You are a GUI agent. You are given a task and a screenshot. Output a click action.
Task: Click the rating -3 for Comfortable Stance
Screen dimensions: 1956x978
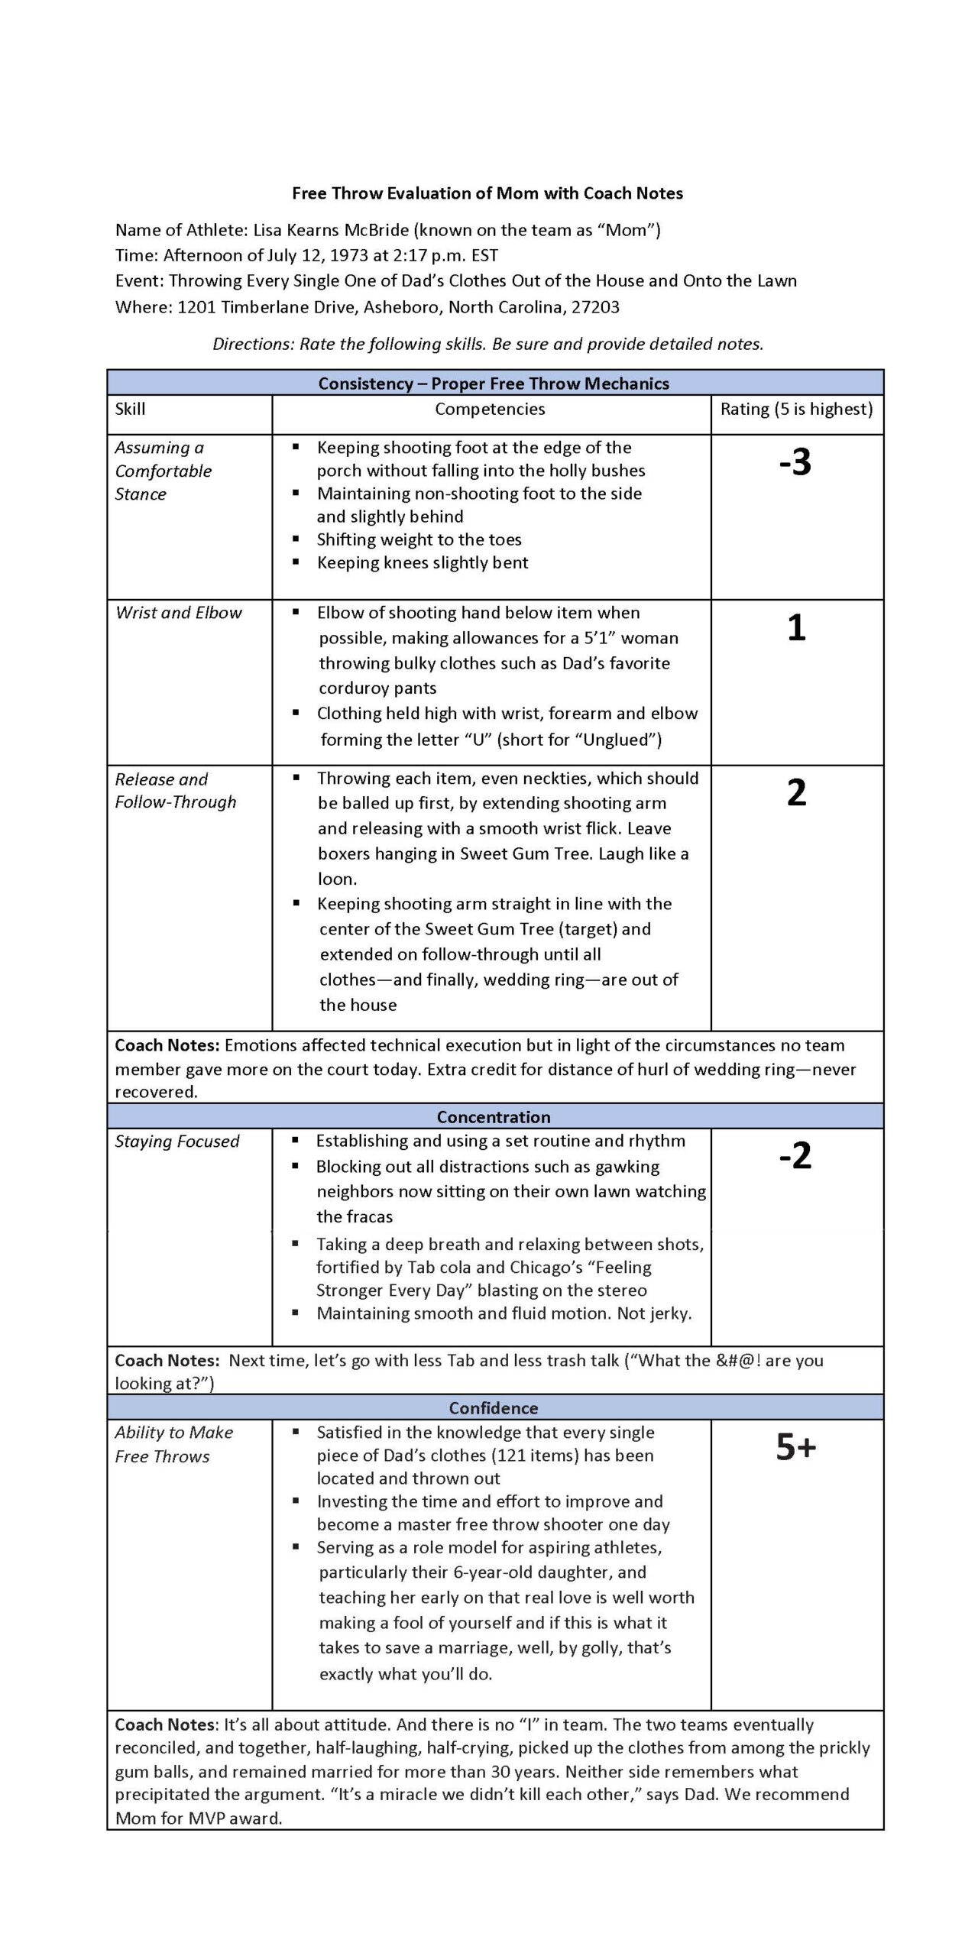tap(795, 462)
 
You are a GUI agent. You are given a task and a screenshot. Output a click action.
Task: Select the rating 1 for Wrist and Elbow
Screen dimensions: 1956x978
tap(796, 628)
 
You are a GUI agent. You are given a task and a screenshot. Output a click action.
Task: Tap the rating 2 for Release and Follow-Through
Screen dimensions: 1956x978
tap(796, 793)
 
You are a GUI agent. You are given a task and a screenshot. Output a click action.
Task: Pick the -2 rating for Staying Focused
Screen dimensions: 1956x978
tap(795, 1156)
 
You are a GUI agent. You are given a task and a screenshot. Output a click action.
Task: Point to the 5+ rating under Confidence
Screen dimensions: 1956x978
tap(796, 1446)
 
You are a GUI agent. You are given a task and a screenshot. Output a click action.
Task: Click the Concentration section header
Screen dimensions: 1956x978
tap(494, 1116)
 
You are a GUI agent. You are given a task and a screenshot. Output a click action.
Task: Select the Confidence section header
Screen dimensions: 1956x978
tap(494, 1407)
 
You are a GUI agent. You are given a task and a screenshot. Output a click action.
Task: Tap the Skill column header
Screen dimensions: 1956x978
tap(130, 409)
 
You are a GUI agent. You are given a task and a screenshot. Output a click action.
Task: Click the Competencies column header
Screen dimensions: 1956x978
tap(490, 409)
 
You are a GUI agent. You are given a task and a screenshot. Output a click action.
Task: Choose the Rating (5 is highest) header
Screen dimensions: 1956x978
tap(796, 409)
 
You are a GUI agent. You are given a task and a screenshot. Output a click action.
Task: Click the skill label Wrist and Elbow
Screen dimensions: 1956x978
tap(178, 613)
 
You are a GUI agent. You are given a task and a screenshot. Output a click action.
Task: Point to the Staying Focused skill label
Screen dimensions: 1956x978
tap(176, 1142)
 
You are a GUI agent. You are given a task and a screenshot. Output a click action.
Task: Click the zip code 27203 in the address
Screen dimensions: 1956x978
tap(595, 307)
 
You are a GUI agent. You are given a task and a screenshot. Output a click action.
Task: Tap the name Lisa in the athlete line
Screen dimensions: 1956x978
tap(268, 230)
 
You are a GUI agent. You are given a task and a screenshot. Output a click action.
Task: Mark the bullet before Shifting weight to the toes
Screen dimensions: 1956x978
tap(296, 539)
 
